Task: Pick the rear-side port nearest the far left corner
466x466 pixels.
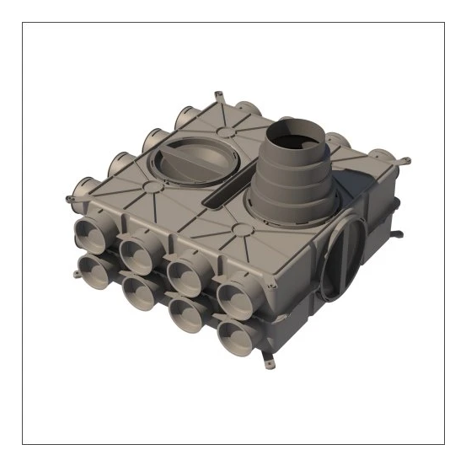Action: [84, 185]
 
